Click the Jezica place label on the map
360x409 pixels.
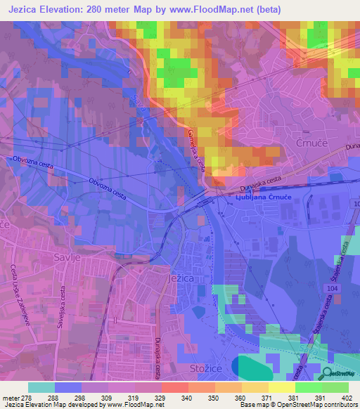181,279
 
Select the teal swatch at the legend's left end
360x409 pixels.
41,387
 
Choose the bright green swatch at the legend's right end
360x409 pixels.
335,387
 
